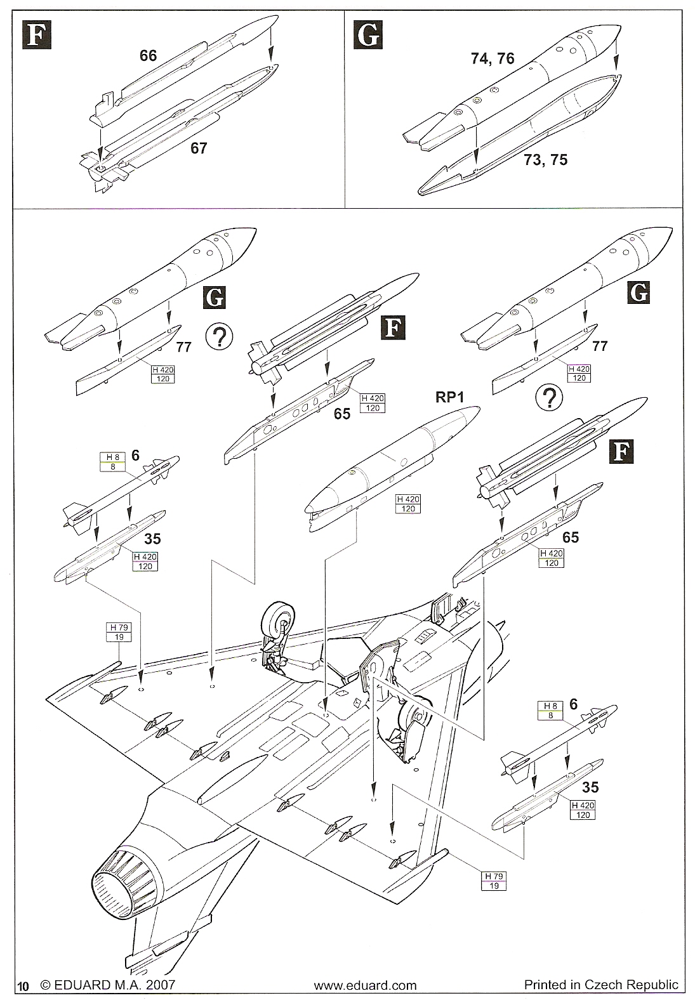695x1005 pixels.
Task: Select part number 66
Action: click(x=148, y=56)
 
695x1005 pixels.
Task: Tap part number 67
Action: click(x=199, y=148)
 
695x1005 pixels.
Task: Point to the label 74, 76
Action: click(x=493, y=58)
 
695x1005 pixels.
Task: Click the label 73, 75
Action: click(x=546, y=160)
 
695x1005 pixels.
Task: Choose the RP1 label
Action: click(x=450, y=397)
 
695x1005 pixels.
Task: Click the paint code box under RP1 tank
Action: click(x=408, y=504)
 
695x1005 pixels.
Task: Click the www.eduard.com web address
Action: click(x=366, y=986)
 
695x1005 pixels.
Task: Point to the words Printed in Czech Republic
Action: click(x=600, y=985)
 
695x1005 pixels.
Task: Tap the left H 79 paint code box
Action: click(x=118, y=632)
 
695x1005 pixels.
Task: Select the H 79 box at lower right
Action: click(x=494, y=881)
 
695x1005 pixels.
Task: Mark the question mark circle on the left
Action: click(x=220, y=337)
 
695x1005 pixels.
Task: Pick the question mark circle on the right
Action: click(x=549, y=398)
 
